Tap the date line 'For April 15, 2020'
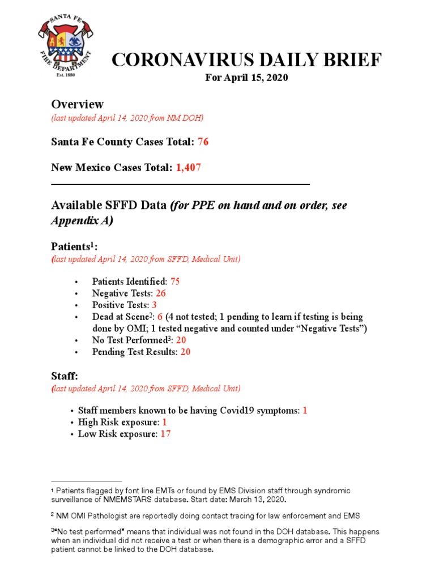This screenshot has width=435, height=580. click(246, 78)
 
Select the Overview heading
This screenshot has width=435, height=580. click(78, 104)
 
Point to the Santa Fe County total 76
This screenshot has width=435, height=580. click(203, 142)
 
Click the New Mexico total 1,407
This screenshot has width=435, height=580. click(189, 168)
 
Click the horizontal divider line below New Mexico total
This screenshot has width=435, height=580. click(180, 184)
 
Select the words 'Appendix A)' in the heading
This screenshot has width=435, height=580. click(82, 221)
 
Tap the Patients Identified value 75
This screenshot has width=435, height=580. click(175, 281)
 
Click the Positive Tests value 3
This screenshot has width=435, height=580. click(154, 305)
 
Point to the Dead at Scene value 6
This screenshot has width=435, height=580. click(160, 317)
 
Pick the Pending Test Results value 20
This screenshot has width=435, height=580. click(186, 352)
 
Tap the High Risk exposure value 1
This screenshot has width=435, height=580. click(164, 422)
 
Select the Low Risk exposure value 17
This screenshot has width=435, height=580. click(165, 434)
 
